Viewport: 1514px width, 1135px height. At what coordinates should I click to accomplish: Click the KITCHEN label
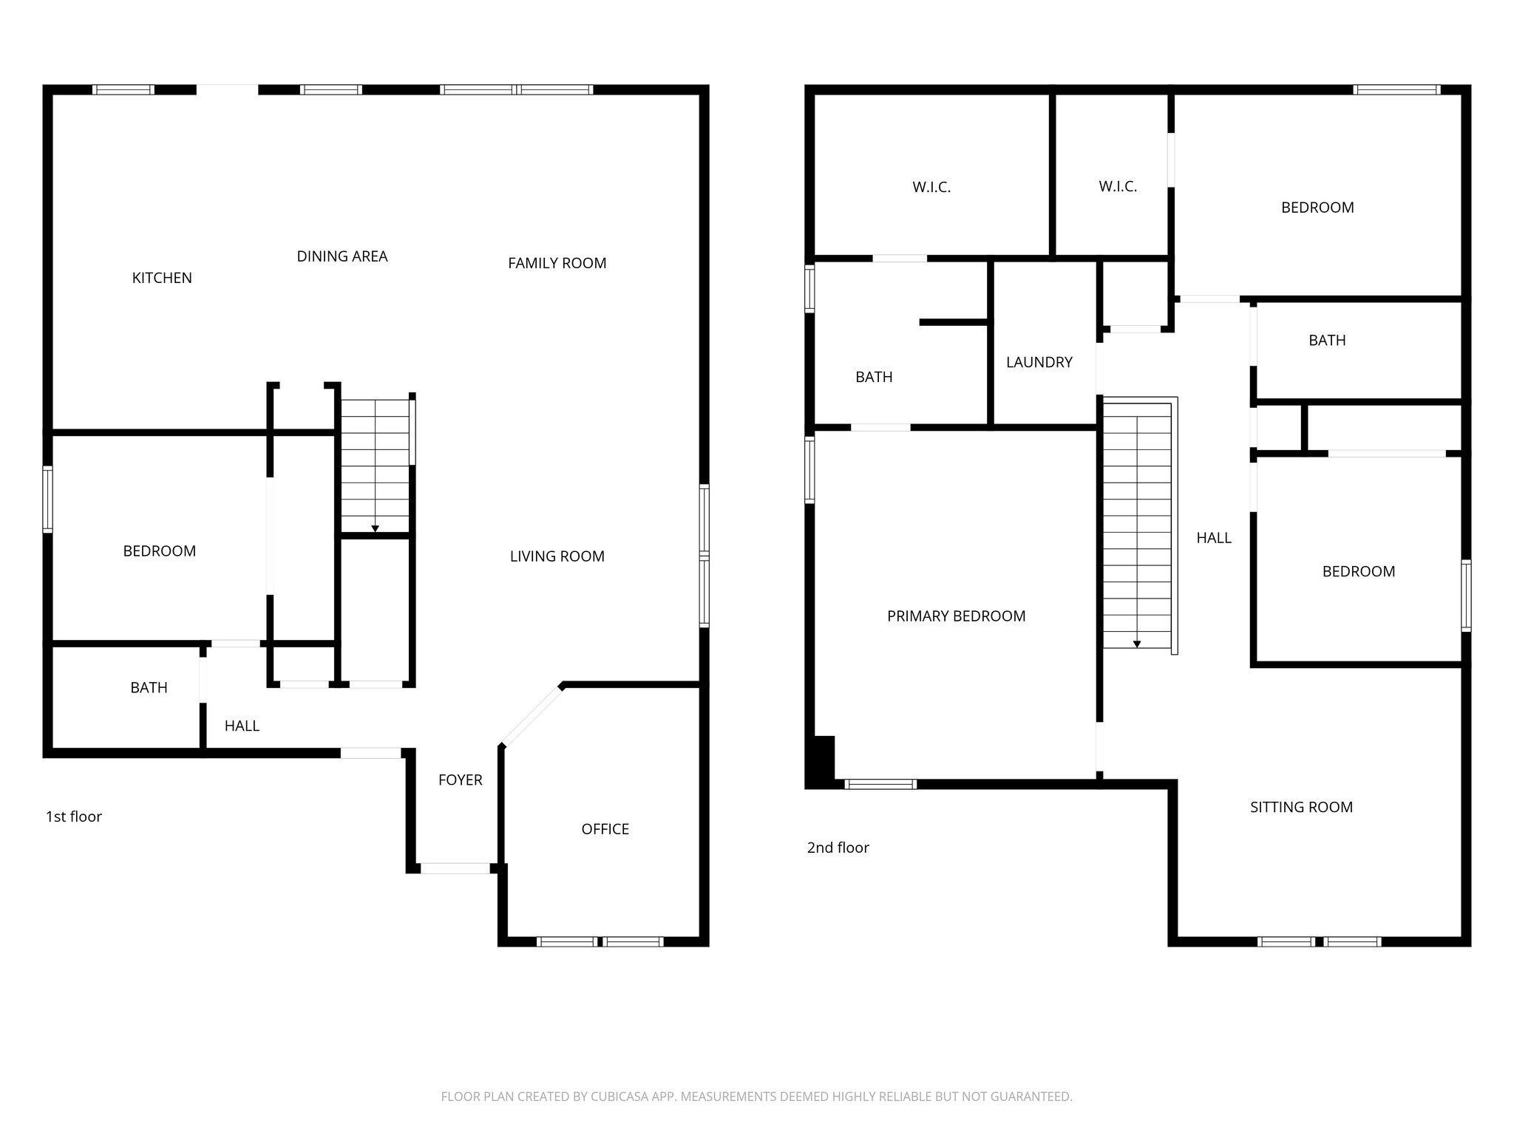tap(162, 278)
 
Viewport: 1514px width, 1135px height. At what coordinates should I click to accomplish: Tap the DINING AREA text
tap(342, 256)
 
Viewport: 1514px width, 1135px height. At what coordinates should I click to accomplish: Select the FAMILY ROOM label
tap(557, 263)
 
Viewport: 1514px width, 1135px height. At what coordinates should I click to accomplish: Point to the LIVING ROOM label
tap(557, 556)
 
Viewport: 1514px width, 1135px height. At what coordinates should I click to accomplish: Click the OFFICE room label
tap(605, 829)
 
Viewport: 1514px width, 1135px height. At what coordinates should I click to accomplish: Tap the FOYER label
tap(460, 780)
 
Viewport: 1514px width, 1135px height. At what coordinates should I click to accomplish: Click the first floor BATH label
tap(149, 688)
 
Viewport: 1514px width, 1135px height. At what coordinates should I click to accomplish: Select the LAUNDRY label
tap(1039, 362)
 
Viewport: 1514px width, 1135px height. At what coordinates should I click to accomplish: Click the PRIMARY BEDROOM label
tap(956, 616)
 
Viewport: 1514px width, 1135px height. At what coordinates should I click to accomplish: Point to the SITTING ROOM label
tap(1301, 808)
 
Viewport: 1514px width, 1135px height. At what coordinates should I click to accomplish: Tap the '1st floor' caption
tap(74, 817)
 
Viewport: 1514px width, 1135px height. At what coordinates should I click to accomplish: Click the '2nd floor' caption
tap(838, 848)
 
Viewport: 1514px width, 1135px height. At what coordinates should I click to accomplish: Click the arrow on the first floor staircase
tap(375, 528)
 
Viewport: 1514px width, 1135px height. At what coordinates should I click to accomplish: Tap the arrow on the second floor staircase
tap(1137, 644)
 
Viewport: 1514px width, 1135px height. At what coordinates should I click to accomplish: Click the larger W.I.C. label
tap(931, 188)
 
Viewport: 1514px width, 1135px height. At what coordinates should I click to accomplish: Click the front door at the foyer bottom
tap(455, 868)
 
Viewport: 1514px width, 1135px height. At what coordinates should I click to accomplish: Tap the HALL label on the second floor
tap(1213, 538)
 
